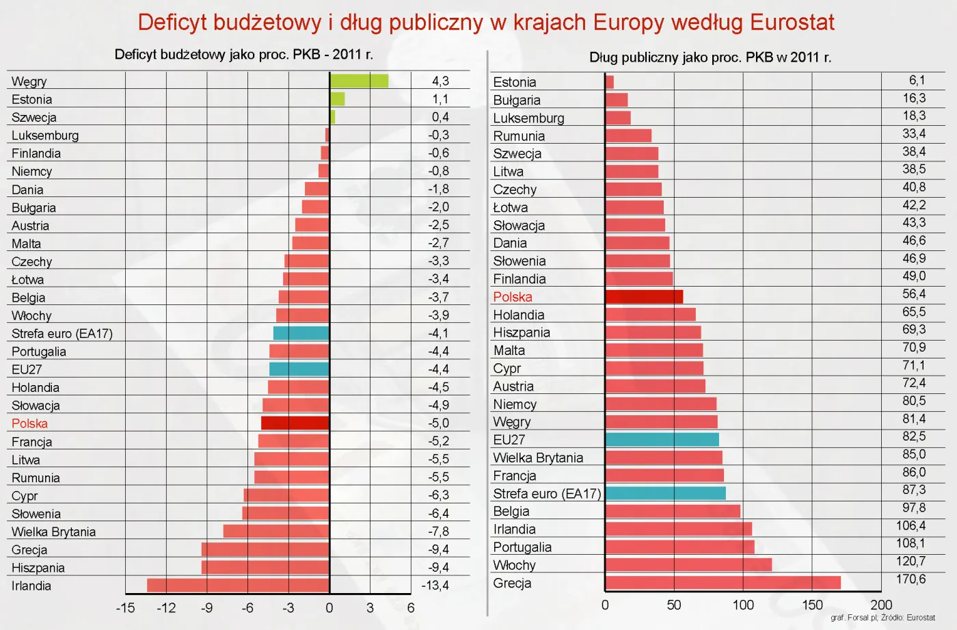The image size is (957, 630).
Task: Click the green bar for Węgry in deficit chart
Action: [359, 81]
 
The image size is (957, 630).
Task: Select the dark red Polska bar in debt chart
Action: [644, 296]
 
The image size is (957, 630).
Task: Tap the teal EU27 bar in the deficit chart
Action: [299, 369]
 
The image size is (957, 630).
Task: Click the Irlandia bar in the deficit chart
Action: [238, 585]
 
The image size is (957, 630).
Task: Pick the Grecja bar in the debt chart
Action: [723, 583]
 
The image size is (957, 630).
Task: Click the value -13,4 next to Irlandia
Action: [435, 586]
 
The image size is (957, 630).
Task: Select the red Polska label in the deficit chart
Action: [29, 423]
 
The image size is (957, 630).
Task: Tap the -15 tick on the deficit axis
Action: [125, 607]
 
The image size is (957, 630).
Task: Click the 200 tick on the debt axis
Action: [881, 605]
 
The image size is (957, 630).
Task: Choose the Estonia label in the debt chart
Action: [515, 82]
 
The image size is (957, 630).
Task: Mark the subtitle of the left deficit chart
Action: [244, 55]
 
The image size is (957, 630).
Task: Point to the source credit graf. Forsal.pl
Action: [854, 618]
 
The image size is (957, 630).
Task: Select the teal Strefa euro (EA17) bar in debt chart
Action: [665, 493]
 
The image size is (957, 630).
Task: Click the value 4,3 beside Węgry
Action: [440, 81]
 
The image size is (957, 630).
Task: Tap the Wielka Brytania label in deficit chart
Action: [53, 531]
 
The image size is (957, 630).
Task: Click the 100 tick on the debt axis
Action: [743, 605]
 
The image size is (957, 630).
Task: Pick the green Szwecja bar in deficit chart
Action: [332, 117]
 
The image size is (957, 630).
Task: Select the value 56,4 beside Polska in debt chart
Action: [914, 294]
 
